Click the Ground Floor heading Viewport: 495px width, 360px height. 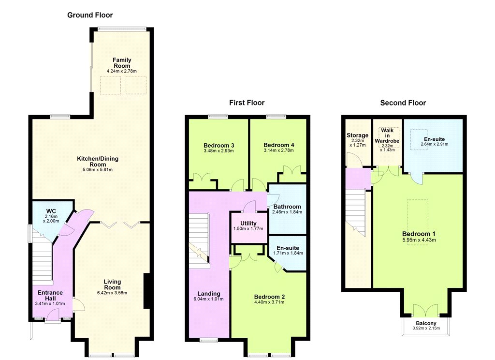coord(90,15)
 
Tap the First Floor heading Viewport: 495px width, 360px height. coord(247,103)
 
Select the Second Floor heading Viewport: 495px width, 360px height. coord(403,103)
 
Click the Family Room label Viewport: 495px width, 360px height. coord(122,62)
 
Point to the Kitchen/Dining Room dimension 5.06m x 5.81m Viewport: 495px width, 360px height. coord(98,170)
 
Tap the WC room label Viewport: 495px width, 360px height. coord(51,211)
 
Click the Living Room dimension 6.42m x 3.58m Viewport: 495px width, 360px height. coord(112,293)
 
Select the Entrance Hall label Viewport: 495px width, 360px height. coord(50,296)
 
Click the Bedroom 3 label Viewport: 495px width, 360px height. coord(219,145)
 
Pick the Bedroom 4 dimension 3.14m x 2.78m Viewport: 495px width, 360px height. coord(279,150)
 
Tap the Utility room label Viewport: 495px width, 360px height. coord(248,223)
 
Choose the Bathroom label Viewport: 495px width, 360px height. coord(287,207)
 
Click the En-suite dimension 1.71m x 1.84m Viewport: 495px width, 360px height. coord(288,253)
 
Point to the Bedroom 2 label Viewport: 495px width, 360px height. coord(270,297)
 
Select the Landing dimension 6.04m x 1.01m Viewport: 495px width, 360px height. coord(209,299)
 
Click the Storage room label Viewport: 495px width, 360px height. coord(357,135)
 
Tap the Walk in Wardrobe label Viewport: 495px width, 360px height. coord(387,135)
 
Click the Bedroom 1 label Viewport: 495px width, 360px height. coord(419,234)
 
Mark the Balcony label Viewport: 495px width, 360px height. coord(426,323)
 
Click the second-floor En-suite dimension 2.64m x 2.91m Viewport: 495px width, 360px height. coord(435,144)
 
